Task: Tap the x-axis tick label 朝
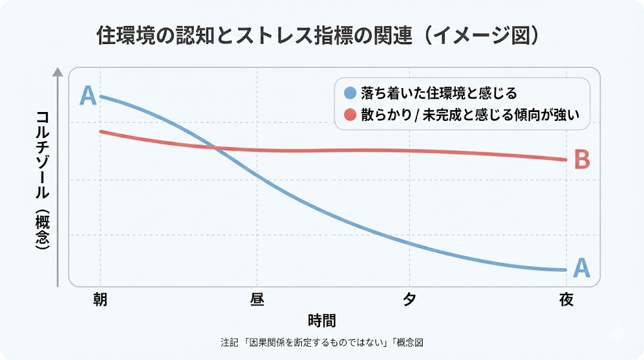tap(100, 300)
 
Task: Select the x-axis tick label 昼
tap(257, 300)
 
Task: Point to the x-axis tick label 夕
tap(409, 300)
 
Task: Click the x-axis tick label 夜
tap(566, 300)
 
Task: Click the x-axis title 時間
tap(321, 320)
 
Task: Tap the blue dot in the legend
tap(350, 93)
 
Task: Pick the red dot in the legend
tap(350, 115)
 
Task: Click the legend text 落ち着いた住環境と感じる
tap(439, 93)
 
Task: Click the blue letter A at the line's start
tap(88, 96)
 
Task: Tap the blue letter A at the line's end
tap(582, 268)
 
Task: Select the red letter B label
tap(582, 160)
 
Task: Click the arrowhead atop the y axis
tap(58, 72)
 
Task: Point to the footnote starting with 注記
tap(321, 343)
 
